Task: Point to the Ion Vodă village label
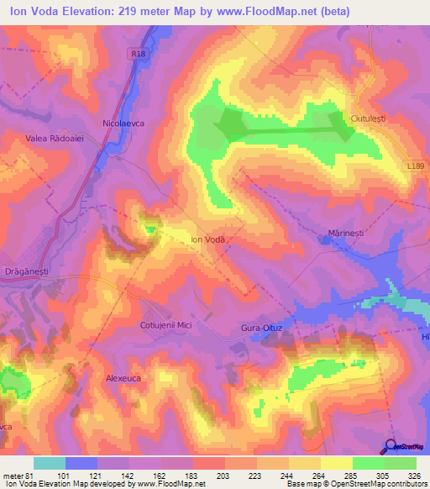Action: pyautogui.click(x=209, y=239)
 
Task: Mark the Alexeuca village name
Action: pyautogui.click(x=127, y=379)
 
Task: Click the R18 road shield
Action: pyautogui.click(x=138, y=52)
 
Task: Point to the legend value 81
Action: pyautogui.click(x=28, y=474)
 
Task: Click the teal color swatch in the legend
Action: pyautogui.click(x=50, y=463)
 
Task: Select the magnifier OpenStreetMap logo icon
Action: pyautogui.click(x=391, y=447)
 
